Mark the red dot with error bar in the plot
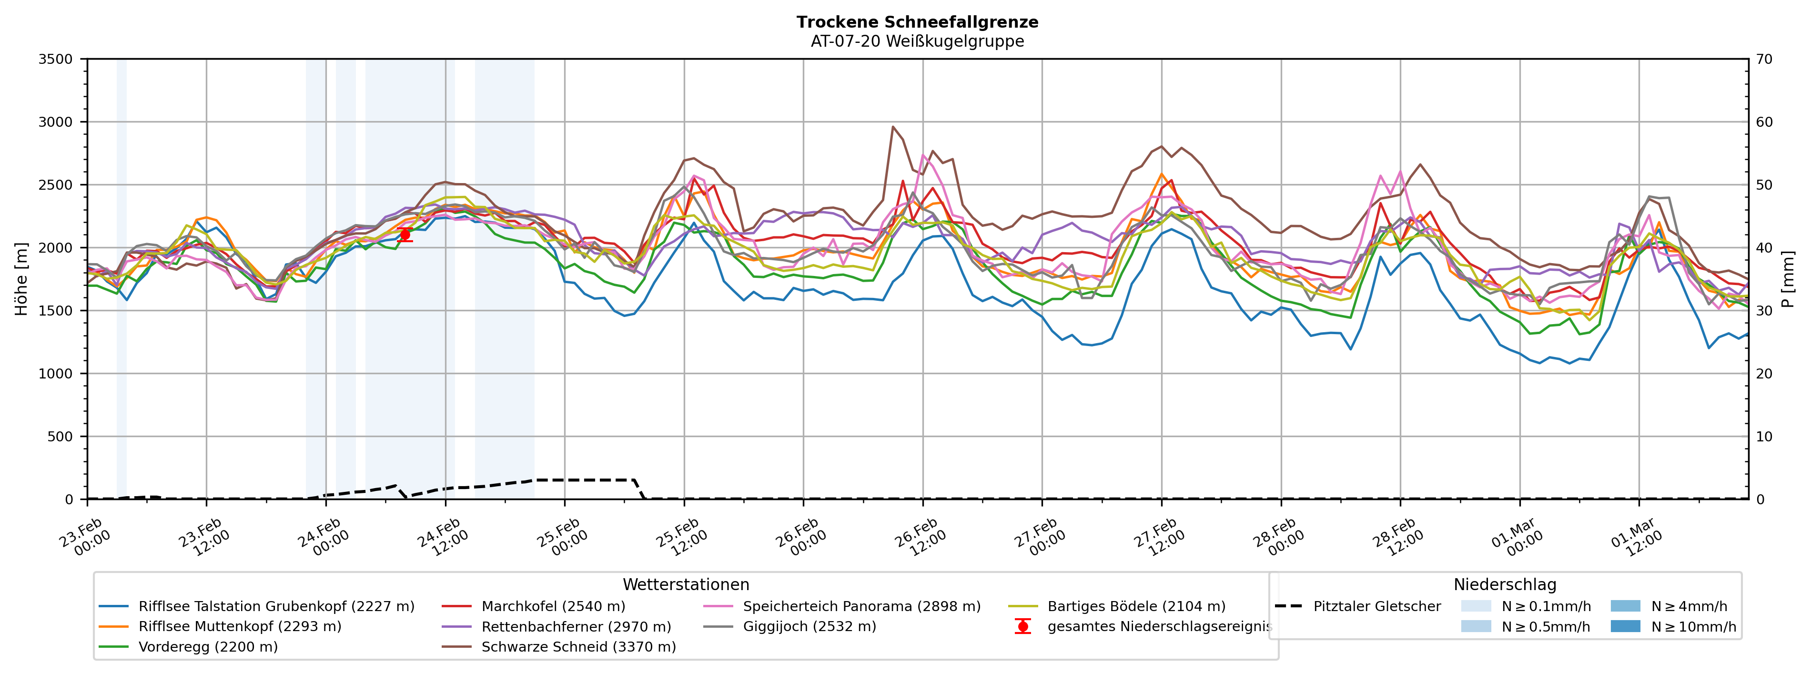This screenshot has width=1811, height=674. coord(404,235)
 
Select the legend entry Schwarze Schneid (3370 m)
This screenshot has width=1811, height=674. coord(578,646)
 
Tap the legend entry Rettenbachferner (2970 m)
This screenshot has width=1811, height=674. coord(576,626)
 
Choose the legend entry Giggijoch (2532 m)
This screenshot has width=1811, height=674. coord(809,626)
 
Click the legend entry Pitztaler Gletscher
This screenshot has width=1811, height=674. coord(1376,606)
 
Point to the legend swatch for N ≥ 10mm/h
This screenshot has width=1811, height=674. coord(1625,626)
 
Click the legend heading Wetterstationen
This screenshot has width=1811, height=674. coord(686,585)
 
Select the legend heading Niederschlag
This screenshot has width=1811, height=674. coord(1505,585)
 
